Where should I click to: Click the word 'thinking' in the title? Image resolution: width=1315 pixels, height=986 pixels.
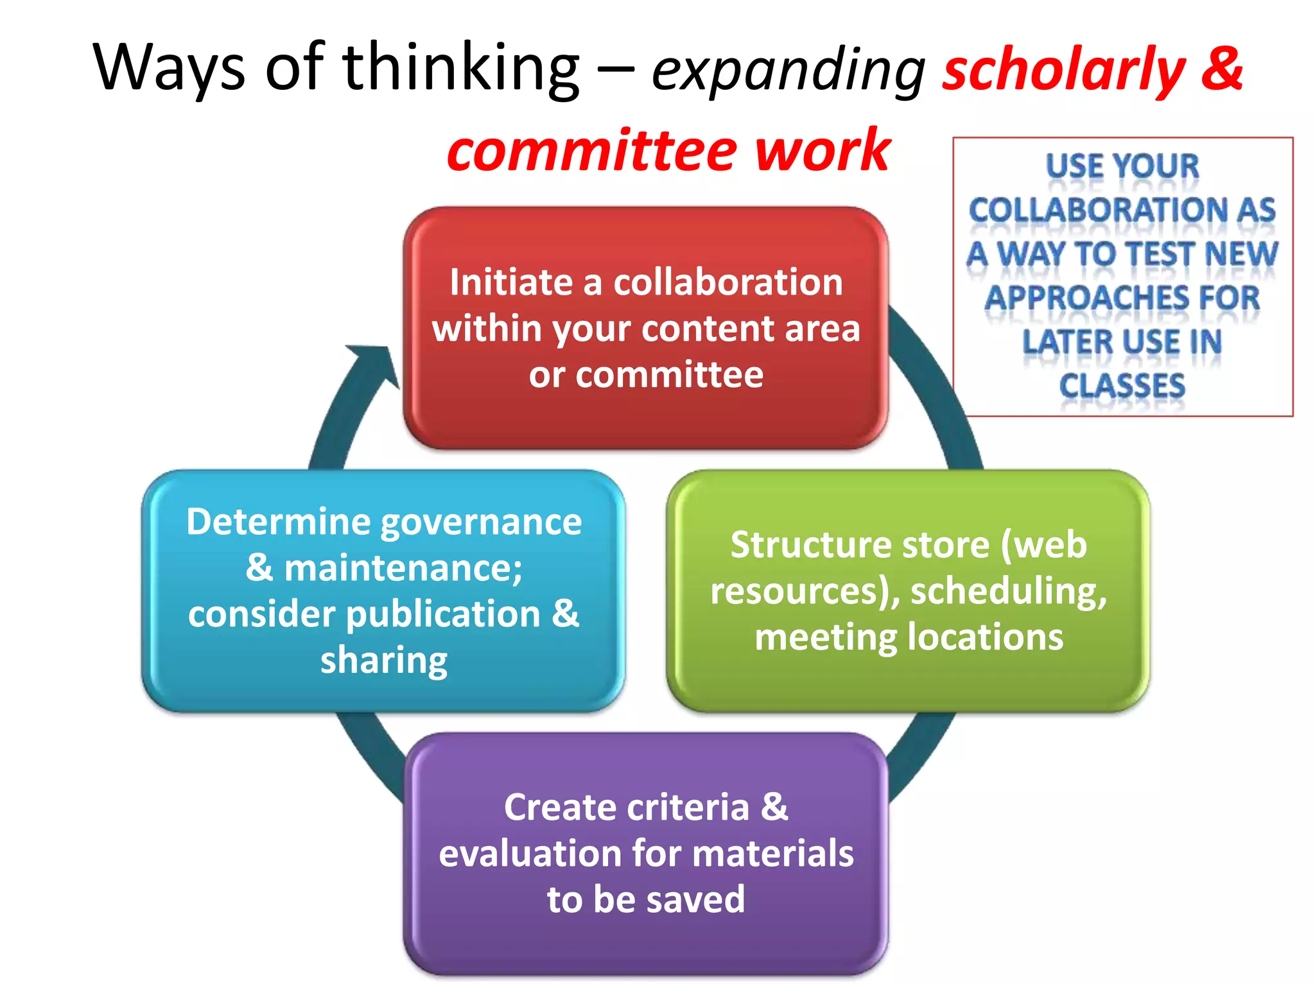coord(461,68)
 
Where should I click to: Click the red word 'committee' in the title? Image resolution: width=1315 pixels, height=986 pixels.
coord(591,151)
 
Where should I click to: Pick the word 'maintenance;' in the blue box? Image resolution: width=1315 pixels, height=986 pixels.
coord(403,568)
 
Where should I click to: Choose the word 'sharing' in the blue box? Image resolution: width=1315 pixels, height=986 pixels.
coord(384,661)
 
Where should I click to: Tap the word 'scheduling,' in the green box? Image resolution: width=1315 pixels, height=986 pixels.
coord(1009,591)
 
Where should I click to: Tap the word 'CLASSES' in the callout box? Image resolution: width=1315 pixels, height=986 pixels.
coord(1122,386)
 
